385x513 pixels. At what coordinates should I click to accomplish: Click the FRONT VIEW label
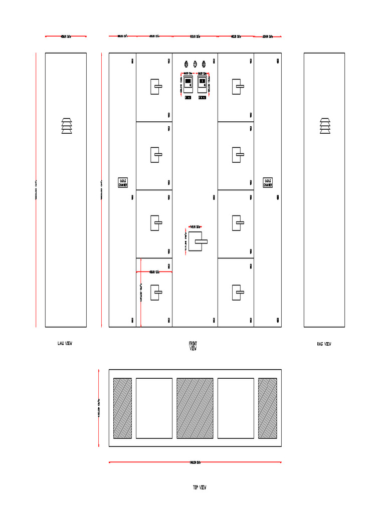point(193,346)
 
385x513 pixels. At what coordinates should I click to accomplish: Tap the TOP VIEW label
point(200,487)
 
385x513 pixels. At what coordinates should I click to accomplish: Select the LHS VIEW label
point(65,344)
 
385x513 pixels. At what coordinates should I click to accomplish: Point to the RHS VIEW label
point(324,344)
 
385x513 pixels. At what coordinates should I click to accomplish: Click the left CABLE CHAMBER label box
point(123,182)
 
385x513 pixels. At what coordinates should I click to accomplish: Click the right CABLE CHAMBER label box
point(268,182)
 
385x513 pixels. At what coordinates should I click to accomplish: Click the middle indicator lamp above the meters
point(195,64)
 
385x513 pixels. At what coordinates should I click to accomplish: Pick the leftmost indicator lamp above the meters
point(186,64)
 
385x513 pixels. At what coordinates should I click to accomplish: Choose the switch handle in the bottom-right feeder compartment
point(237,292)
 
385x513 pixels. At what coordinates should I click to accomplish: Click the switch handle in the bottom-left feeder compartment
point(155,292)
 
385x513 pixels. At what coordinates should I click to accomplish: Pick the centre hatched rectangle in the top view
point(195,408)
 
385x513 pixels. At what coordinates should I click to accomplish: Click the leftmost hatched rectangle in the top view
point(122,408)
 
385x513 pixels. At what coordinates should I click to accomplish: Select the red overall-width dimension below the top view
point(195,462)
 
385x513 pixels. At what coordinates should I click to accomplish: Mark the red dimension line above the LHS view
point(66,36)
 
